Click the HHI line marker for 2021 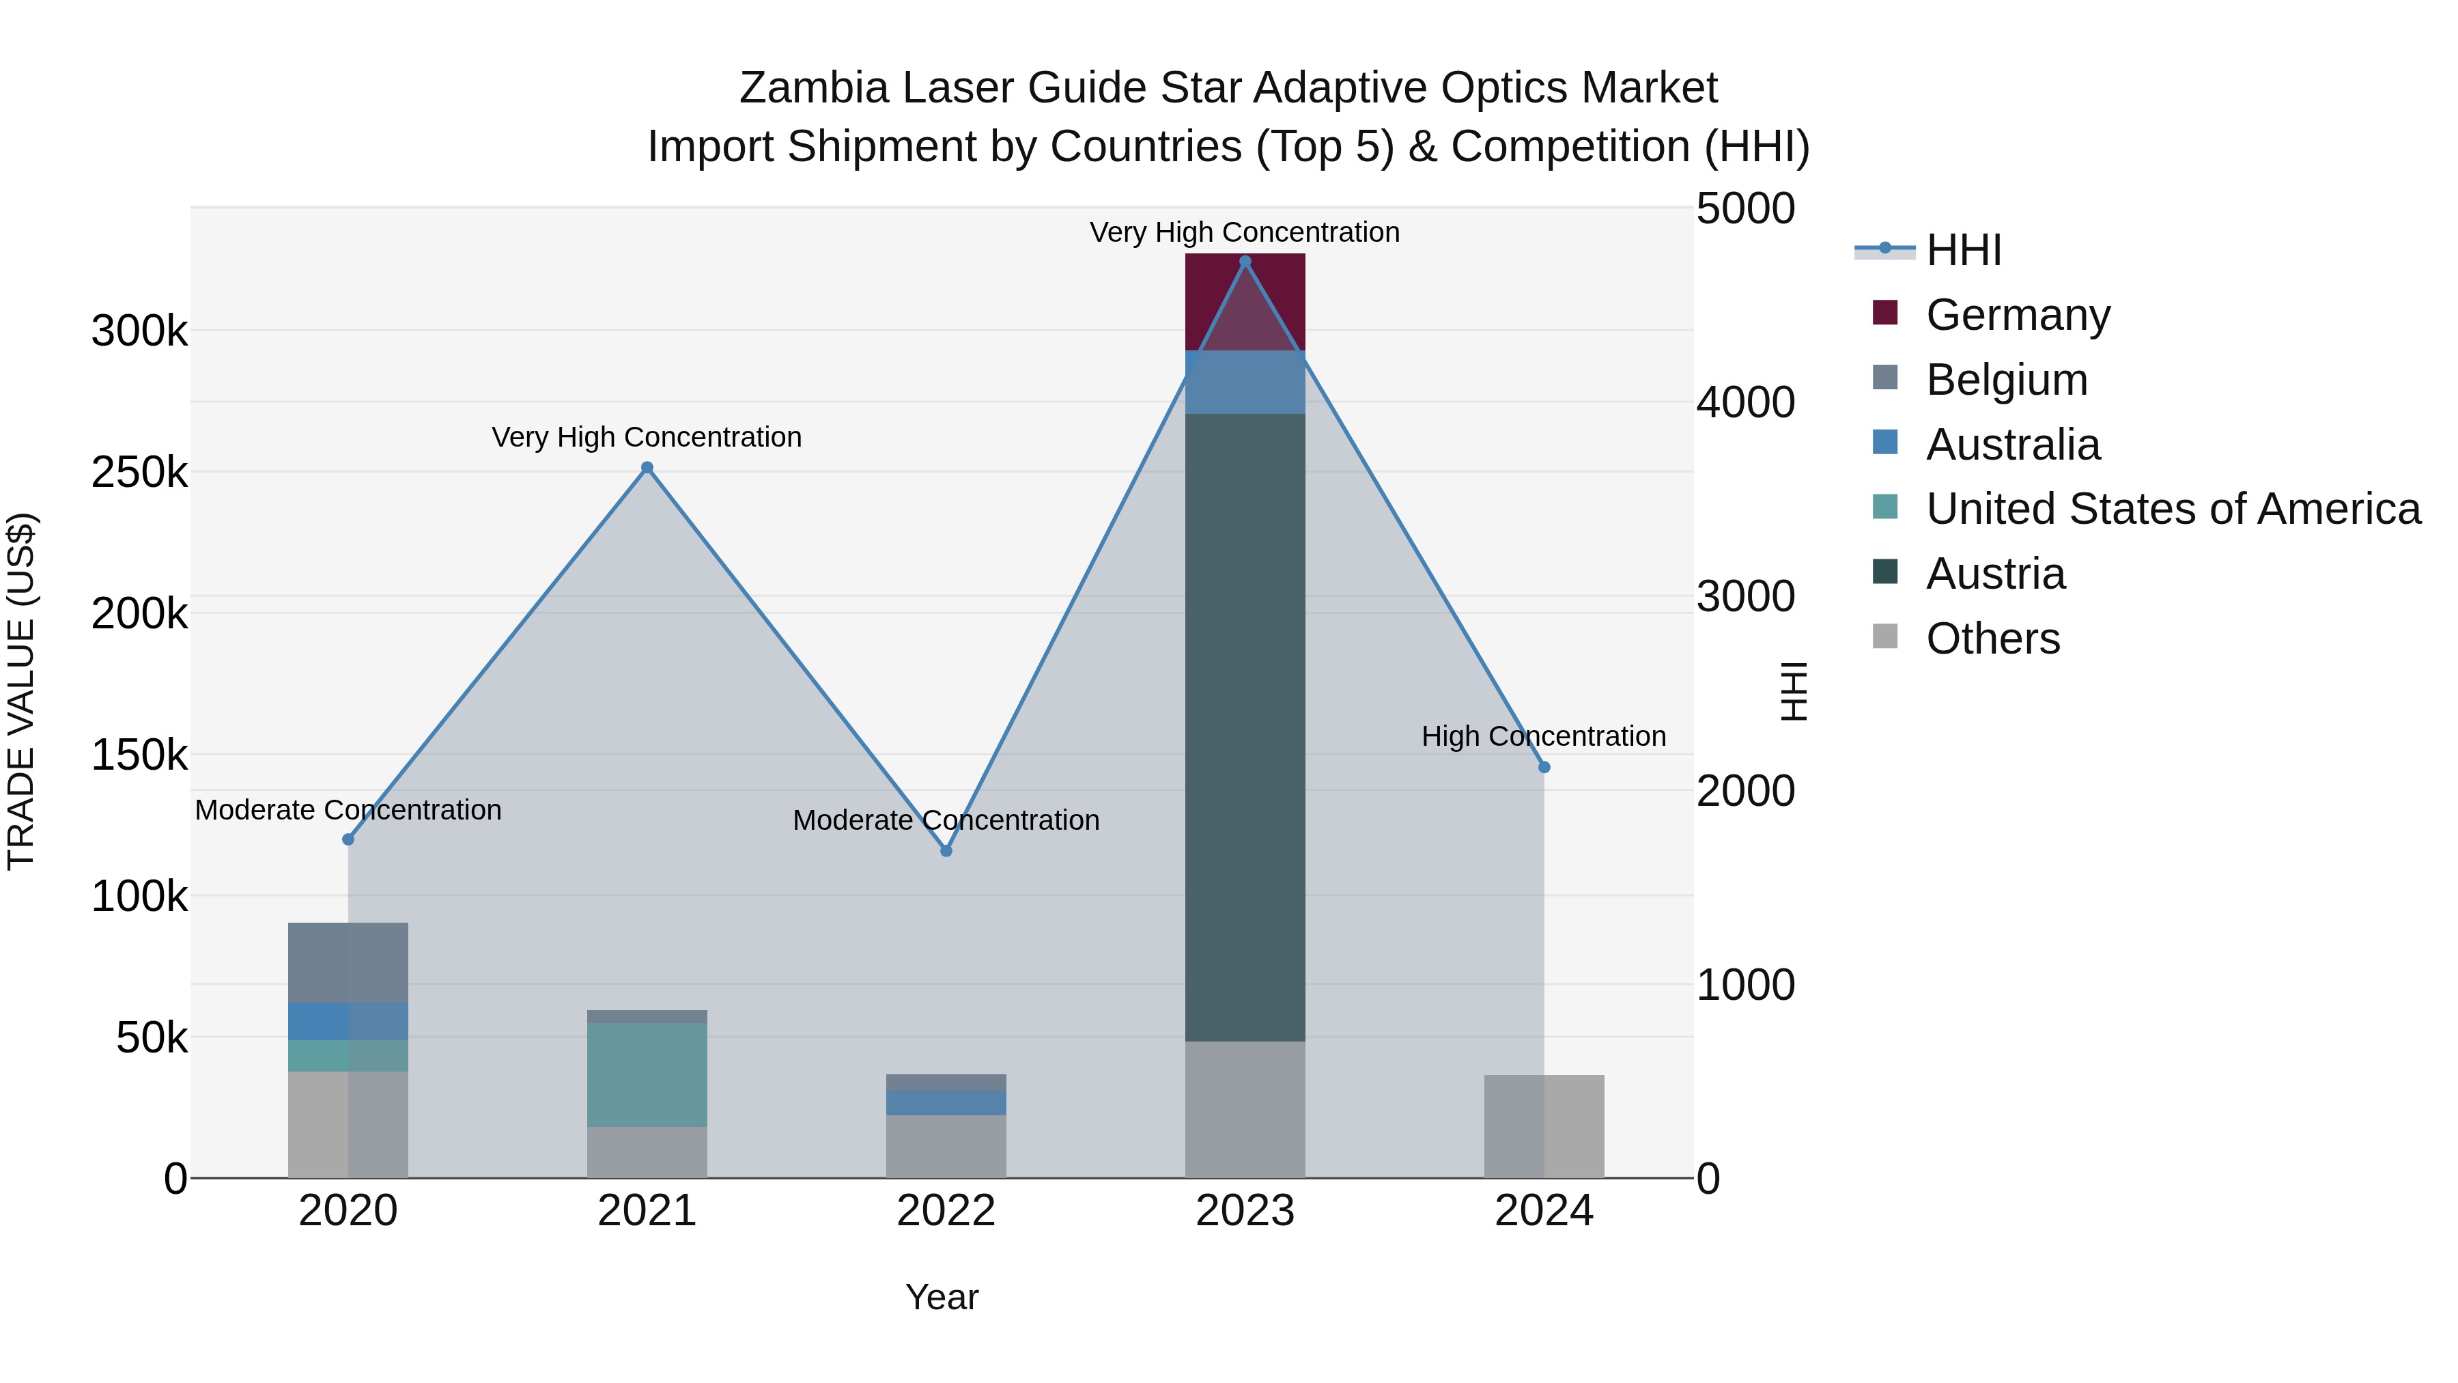coord(647,468)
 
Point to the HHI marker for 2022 coord(946,850)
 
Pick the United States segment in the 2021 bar coord(647,1074)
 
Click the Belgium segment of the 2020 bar coord(348,962)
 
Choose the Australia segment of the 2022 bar coord(946,1102)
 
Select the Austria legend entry coord(1994,574)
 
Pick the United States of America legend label coord(2172,509)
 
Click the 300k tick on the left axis coord(139,331)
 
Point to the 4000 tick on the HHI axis coord(1745,402)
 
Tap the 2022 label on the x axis coord(946,1211)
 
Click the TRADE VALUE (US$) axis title coord(21,691)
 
